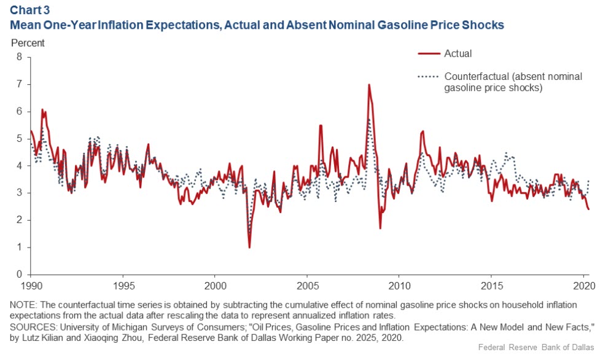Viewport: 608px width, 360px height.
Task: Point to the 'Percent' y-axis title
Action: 28,44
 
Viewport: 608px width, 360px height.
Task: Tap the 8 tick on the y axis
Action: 19,57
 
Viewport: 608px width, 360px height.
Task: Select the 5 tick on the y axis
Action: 19,139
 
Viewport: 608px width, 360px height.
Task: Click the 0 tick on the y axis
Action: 19,275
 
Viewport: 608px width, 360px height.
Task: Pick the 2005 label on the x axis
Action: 307,286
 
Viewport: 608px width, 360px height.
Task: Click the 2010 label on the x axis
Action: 399,286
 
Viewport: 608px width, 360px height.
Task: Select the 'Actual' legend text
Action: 458,53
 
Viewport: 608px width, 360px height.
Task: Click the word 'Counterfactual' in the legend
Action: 475,77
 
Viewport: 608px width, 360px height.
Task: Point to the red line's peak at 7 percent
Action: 368,85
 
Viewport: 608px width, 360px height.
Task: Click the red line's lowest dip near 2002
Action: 249,247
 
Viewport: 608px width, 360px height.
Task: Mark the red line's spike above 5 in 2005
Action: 321,125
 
